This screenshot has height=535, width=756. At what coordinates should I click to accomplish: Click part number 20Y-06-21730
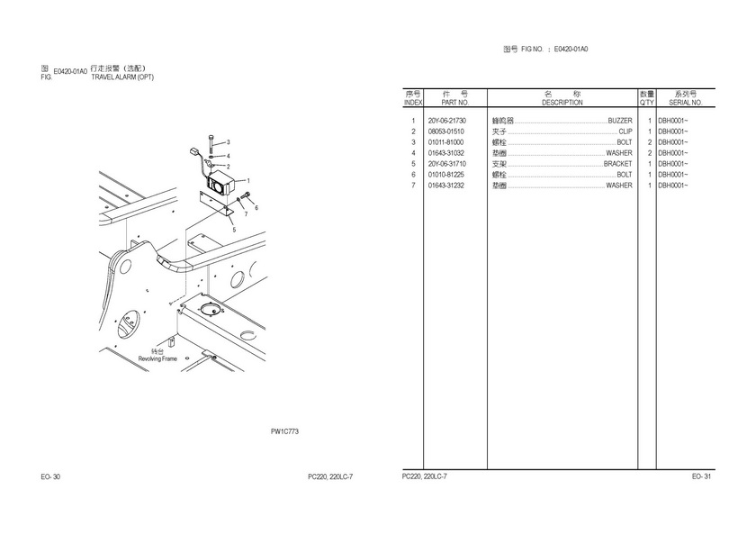point(447,121)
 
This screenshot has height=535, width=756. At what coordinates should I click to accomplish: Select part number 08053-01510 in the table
point(446,131)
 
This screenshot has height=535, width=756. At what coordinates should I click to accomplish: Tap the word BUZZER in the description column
point(620,121)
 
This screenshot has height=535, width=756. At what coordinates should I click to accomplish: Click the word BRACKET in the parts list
point(617,164)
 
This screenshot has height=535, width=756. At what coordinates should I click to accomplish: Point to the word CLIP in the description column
point(625,131)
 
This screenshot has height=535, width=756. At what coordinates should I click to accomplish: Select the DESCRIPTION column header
point(562,103)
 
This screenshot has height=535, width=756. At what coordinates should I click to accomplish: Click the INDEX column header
point(412,103)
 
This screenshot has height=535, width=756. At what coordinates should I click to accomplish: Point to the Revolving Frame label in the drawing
point(157,358)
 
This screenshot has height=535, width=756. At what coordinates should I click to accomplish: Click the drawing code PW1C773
point(284,431)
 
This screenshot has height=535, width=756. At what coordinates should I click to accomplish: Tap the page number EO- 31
point(701,476)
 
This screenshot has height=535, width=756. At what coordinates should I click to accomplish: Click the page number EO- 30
point(50,476)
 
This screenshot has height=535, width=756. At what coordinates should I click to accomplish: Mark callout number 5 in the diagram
point(233,230)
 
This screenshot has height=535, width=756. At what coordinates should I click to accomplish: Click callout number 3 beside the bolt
point(228,142)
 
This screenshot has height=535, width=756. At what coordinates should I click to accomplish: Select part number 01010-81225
point(446,175)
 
